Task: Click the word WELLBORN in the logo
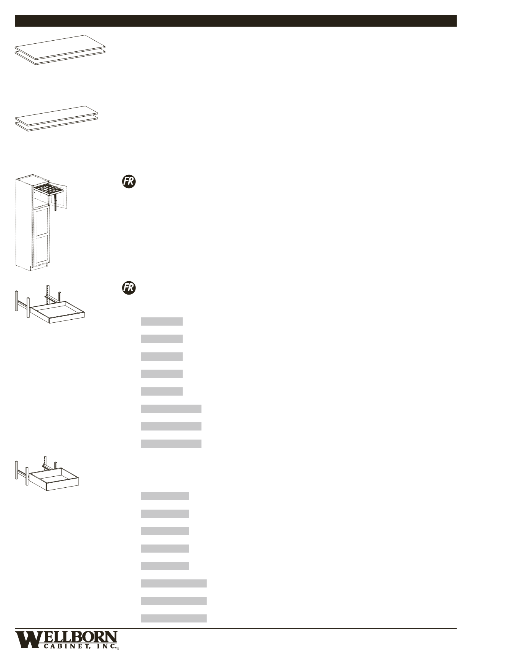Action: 66,638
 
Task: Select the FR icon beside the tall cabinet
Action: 129,182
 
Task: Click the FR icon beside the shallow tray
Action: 129,288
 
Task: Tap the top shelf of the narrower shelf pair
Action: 57,114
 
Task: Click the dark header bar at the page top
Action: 236,21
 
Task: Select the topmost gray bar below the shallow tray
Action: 162,322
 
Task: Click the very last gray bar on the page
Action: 174,618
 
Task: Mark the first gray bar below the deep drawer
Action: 165,496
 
